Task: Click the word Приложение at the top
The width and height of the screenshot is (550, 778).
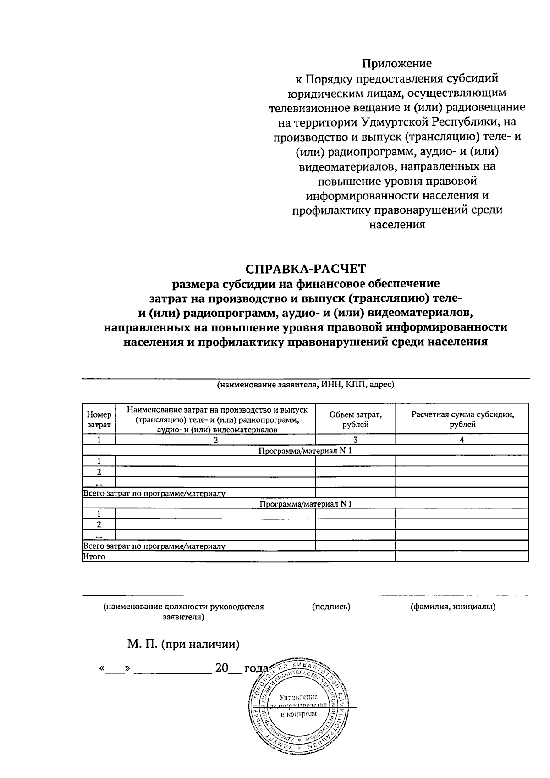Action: [x=397, y=63]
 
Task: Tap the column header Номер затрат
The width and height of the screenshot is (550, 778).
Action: [x=99, y=419]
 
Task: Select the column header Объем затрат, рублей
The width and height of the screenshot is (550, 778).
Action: [x=355, y=419]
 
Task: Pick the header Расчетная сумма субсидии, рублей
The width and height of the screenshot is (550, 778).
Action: [x=462, y=419]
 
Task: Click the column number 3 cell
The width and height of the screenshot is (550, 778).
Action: [x=355, y=440]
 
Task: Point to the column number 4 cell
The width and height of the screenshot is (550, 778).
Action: [x=462, y=440]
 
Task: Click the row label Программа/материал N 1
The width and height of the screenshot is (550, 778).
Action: [x=305, y=451]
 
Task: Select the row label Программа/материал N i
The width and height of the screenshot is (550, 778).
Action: [x=305, y=504]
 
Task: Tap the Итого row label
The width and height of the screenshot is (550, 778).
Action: [x=94, y=557]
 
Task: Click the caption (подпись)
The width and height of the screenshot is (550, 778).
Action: [x=331, y=607]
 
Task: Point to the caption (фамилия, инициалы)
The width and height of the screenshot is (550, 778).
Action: [x=453, y=607]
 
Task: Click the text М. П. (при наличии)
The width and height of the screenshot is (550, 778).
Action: [x=183, y=644]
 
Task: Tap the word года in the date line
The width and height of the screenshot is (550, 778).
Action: [x=256, y=668]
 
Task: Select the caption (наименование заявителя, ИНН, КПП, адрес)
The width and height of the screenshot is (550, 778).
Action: [x=305, y=385]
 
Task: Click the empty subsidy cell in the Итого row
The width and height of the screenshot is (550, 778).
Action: [x=462, y=557]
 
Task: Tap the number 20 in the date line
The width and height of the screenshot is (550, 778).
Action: [x=221, y=668]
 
